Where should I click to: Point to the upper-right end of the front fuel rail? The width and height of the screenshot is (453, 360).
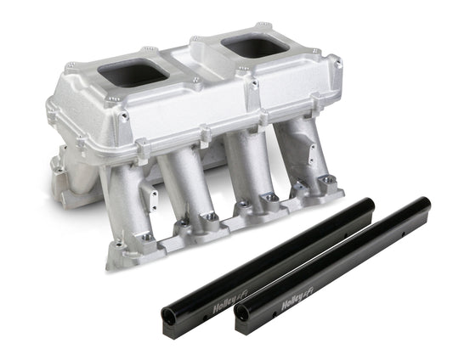[422, 204]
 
